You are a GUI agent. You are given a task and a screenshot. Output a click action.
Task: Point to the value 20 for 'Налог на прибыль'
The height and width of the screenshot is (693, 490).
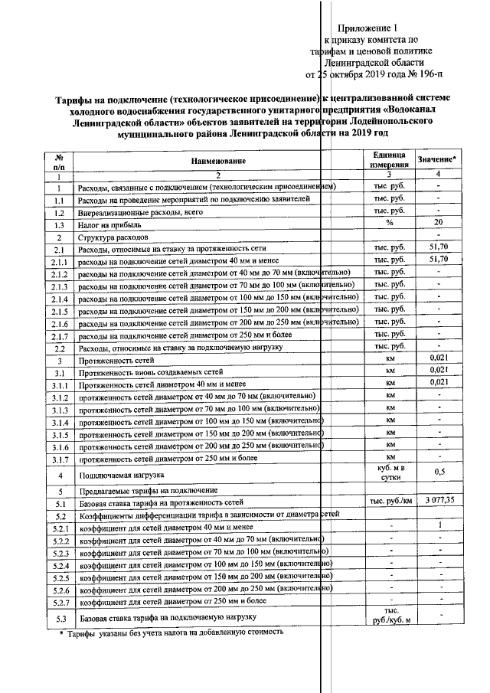[438, 223]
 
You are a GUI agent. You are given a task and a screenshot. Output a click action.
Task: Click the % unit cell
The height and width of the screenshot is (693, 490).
[389, 223]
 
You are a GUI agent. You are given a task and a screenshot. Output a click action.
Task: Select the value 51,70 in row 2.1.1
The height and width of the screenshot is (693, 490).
[438, 260]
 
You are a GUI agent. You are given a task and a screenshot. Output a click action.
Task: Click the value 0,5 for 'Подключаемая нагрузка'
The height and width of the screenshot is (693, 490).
[438, 472]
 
